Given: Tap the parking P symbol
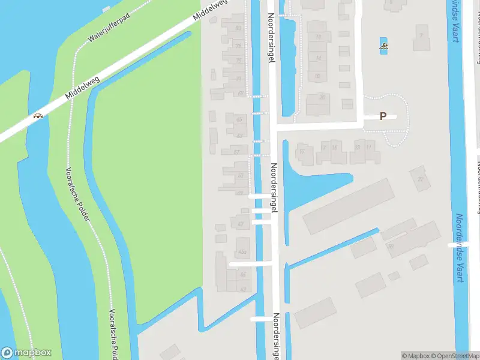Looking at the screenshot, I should tap(383, 116).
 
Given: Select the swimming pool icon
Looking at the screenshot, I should tap(383, 46).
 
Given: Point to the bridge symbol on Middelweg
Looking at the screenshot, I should tap(39, 116).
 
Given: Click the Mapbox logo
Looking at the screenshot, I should tap(26, 353).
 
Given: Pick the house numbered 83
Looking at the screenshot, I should tap(238, 28).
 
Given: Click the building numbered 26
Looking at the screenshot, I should tap(322, 97).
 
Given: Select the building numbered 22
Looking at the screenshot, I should tap(420, 179).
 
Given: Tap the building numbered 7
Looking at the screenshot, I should tap(421, 35).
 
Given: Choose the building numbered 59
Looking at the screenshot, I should tap(391, 246).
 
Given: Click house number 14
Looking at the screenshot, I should tap(318, 58).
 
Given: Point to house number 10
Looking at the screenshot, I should tap(318, 37).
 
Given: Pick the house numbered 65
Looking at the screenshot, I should tap(239, 120).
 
